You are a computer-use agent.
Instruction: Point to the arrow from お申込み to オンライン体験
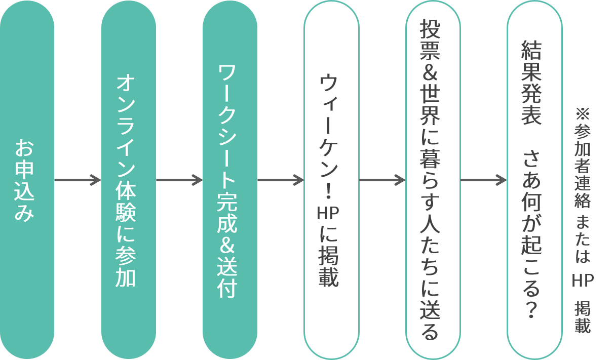pyautogui.click(x=78, y=180)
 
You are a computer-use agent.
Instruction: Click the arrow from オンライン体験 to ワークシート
pyautogui.click(x=179, y=180)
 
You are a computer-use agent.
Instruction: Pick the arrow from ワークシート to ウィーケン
pyautogui.click(x=280, y=180)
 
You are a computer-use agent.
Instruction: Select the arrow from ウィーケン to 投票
pyautogui.click(x=382, y=180)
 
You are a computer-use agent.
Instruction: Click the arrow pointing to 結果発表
pyautogui.click(x=483, y=180)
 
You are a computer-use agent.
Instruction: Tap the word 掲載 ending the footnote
pyautogui.click(x=583, y=317)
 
